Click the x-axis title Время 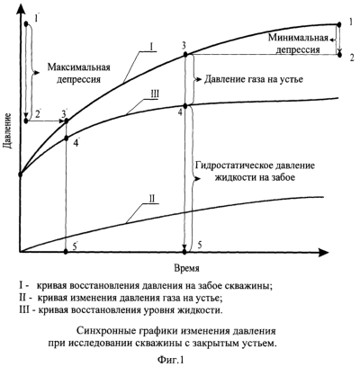click(x=186, y=268)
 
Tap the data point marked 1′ click(x=26, y=23)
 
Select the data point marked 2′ click(x=26, y=121)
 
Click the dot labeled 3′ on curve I click(x=67, y=121)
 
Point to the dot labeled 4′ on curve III click(x=67, y=139)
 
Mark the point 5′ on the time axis click(x=67, y=252)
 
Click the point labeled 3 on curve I click(x=185, y=55)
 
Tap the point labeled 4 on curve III click(x=185, y=106)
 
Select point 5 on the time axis click(x=184, y=252)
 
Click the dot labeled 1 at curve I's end click(x=339, y=24)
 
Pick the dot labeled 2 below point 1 click(x=339, y=55)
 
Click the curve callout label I click(x=151, y=47)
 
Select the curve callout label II click(x=152, y=199)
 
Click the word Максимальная click(x=78, y=67)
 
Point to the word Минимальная click(x=298, y=38)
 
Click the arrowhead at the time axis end click(x=324, y=252)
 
